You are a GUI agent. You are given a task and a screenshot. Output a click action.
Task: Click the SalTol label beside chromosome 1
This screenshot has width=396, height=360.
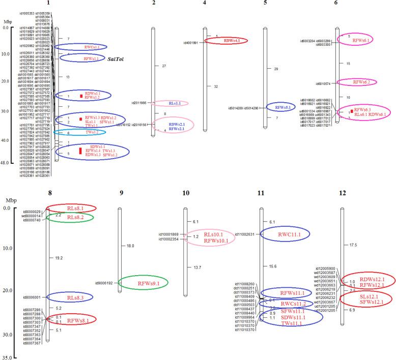pyautogui.click(x=118, y=59)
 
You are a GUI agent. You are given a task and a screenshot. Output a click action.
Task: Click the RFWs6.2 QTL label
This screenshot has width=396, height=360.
pyautogui.click(x=362, y=82)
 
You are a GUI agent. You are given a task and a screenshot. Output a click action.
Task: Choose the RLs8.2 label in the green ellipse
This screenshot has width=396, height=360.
pyautogui.click(x=76, y=217)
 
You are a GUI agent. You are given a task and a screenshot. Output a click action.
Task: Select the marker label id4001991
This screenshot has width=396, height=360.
pyautogui.click(x=187, y=43)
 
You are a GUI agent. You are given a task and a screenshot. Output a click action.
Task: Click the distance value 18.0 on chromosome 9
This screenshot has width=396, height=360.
pyautogui.click(x=130, y=246)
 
